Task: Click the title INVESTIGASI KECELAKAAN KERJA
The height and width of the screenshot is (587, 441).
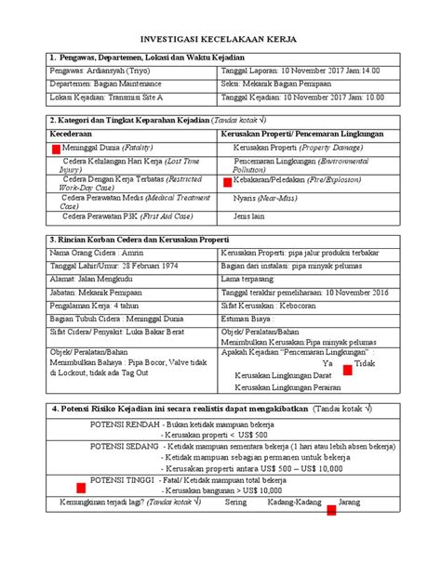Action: [x=220, y=42]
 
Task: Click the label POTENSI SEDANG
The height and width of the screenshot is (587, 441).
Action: [x=122, y=444]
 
